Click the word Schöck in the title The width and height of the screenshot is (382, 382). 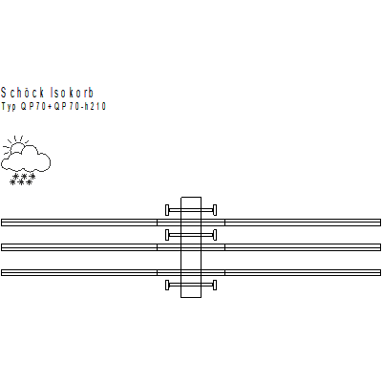pyautogui.click(x=22, y=93)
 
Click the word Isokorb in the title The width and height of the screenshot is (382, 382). pyautogui.click(x=73, y=93)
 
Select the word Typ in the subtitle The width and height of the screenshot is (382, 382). pyautogui.click(x=9, y=106)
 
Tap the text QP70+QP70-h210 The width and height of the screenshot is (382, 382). pyautogui.click(x=63, y=106)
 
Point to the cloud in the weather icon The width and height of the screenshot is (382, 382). pyautogui.click(x=26, y=159)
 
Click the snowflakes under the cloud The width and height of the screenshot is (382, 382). pyautogui.click(x=22, y=180)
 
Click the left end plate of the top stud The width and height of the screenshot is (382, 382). pyautogui.click(x=167, y=210)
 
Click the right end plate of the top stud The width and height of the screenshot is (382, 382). pyautogui.click(x=215, y=210)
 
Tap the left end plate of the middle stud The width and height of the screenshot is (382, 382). pyautogui.click(x=167, y=235)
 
